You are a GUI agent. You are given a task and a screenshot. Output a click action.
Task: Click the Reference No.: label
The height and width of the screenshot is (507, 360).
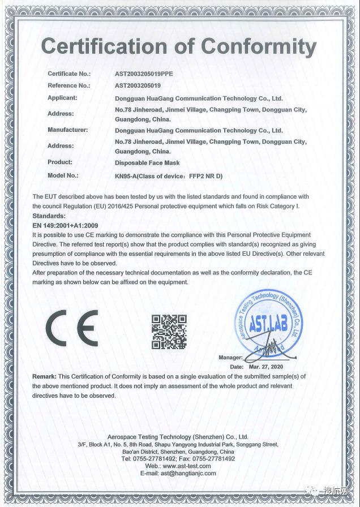68,85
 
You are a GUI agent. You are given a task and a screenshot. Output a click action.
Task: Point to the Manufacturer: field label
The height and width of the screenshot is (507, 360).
67,130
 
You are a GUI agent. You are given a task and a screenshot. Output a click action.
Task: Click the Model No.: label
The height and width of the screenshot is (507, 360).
62,176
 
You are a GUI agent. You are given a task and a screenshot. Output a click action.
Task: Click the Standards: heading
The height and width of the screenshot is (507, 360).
49,216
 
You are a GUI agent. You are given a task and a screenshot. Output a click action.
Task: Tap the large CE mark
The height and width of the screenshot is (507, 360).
72,328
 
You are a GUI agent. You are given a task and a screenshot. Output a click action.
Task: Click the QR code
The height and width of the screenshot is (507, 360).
169,330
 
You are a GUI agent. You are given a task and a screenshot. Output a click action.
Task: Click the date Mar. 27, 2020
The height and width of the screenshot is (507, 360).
268,367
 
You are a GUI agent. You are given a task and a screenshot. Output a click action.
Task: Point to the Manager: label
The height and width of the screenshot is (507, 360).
230,358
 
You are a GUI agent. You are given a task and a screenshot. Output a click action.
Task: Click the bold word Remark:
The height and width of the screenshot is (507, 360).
44,376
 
